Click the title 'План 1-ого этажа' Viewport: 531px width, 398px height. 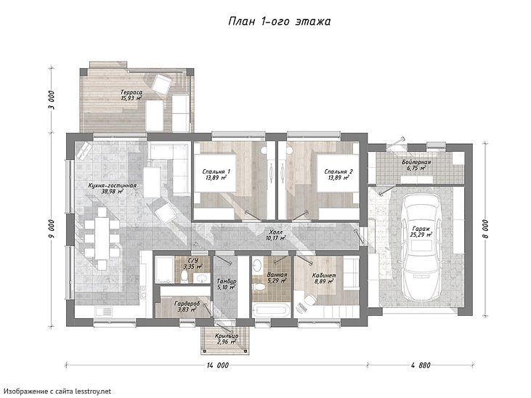click(x=280, y=22)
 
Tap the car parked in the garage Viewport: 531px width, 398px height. click(x=421, y=248)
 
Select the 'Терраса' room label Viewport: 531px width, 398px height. click(x=131, y=92)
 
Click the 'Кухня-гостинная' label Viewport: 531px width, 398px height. click(x=112, y=186)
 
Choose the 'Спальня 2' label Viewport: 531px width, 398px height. click(x=339, y=171)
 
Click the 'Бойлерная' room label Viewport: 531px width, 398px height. click(x=416, y=162)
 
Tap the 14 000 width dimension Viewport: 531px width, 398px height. click(x=217, y=365)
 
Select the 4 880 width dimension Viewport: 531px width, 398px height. click(x=421, y=365)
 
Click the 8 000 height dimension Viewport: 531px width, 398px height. click(x=485, y=230)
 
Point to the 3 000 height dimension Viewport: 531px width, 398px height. click(x=52, y=100)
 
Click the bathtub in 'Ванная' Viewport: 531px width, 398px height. click(x=271, y=310)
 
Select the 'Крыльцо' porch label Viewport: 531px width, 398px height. click(x=227, y=336)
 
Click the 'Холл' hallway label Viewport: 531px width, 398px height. click(x=275, y=232)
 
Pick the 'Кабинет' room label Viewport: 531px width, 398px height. click(x=324, y=275)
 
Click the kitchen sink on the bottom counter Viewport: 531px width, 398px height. click(x=103, y=311)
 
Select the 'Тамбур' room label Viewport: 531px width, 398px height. click(x=227, y=282)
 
